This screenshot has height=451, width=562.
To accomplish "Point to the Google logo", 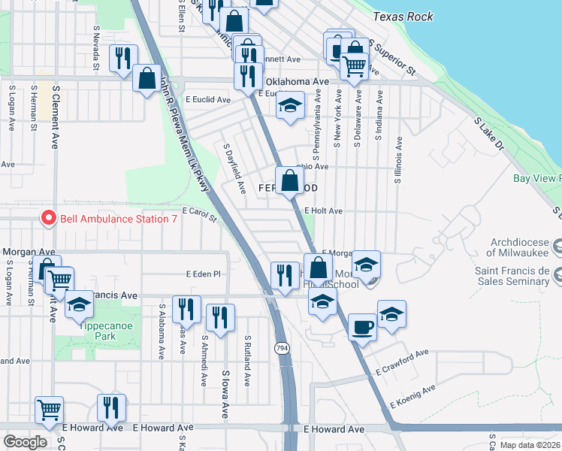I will pyautogui.click(x=24, y=442).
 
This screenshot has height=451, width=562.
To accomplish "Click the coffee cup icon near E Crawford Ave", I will pyautogui.click(x=362, y=327).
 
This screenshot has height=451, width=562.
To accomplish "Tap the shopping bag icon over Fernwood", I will pyautogui.click(x=290, y=181).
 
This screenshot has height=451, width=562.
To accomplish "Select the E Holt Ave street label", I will pyautogui.click(x=324, y=212).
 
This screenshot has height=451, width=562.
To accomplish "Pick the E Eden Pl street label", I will pyautogui.click(x=205, y=274).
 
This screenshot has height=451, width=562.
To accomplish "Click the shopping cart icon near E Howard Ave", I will pyautogui.click(x=50, y=410).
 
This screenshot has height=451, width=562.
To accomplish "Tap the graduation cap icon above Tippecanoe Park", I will pyautogui.click(x=78, y=305).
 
